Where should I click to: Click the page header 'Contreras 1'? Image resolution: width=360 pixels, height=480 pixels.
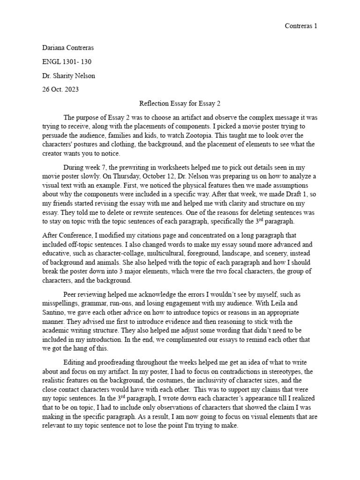(x=301, y=26)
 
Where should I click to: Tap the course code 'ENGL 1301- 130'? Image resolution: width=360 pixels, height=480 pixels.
(x=65, y=62)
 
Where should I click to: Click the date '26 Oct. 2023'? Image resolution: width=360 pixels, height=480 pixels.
(x=60, y=90)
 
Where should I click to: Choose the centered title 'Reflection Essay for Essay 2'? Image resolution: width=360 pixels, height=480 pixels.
(x=180, y=104)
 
